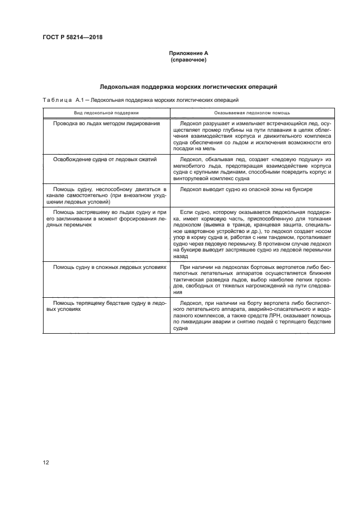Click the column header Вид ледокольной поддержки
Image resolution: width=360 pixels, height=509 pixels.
coord(107,112)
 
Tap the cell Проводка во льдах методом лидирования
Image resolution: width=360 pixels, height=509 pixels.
coord(106,124)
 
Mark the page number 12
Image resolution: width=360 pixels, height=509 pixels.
coord(46,463)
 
